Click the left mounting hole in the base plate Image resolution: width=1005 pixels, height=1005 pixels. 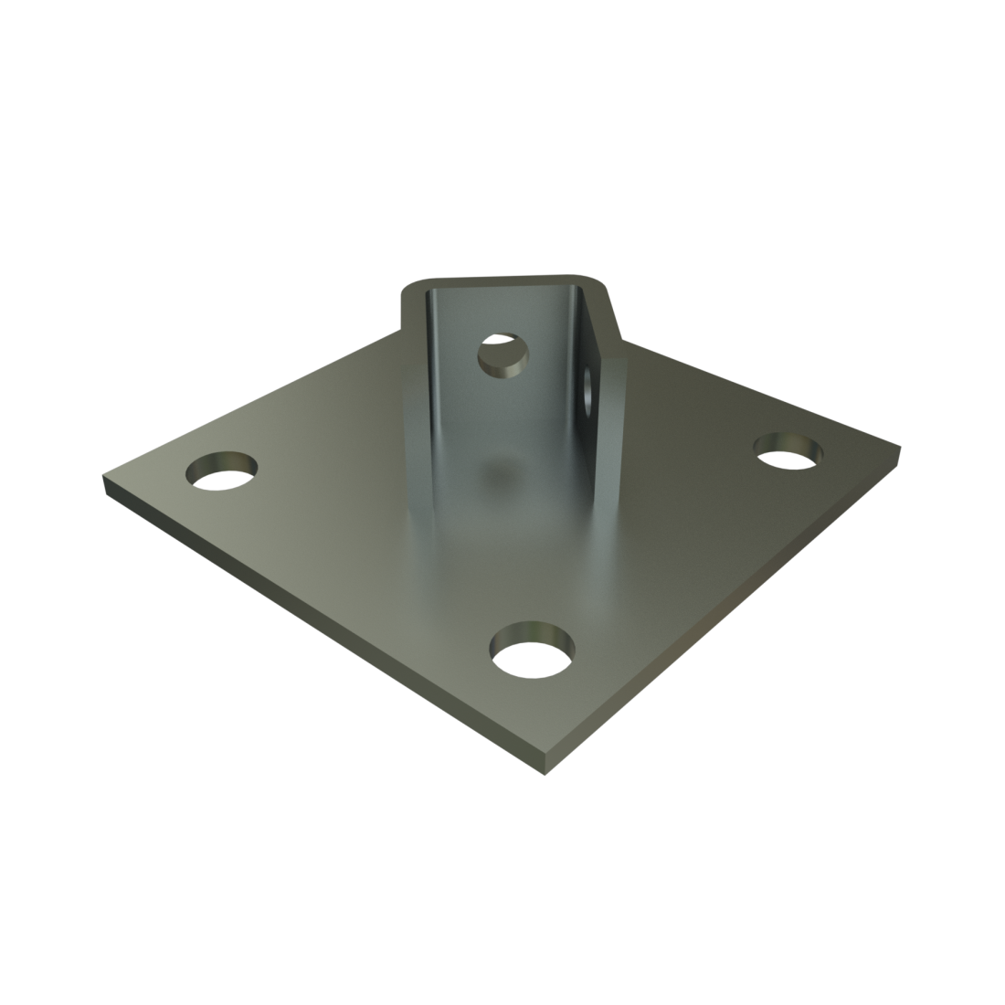[221, 471]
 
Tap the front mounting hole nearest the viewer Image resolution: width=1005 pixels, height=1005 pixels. [534, 652]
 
